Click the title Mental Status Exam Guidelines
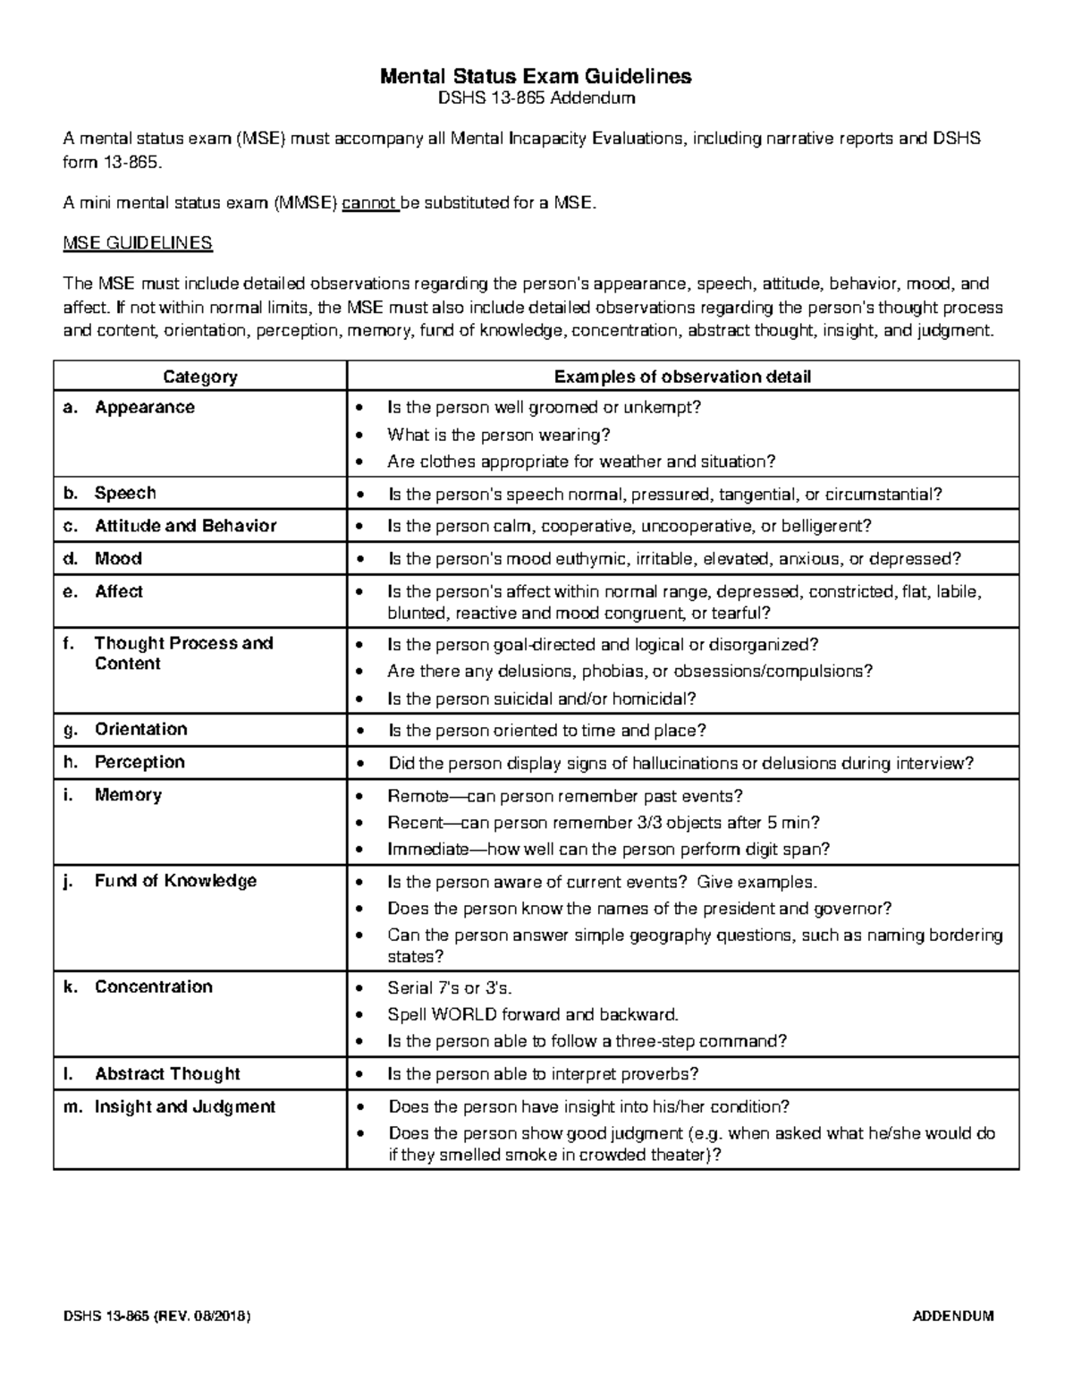click(536, 76)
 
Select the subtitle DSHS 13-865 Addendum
click(536, 98)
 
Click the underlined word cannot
click(369, 203)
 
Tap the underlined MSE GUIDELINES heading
click(138, 242)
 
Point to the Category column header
click(199, 377)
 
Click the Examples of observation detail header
click(682, 377)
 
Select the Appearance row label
click(144, 408)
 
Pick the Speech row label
click(125, 494)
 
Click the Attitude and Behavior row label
click(185, 526)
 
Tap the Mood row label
click(118, 559)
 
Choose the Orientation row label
click(140, 730)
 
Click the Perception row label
click(139, 763)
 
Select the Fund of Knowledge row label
click(175, 881)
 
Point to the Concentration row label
click(153, 987)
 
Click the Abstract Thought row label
click(167, 1074)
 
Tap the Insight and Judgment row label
click(184, 1107)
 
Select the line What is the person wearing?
click(498, 436)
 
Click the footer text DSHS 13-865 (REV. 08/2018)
click(156, 1317)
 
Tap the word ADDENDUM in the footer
click(952, 1317)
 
